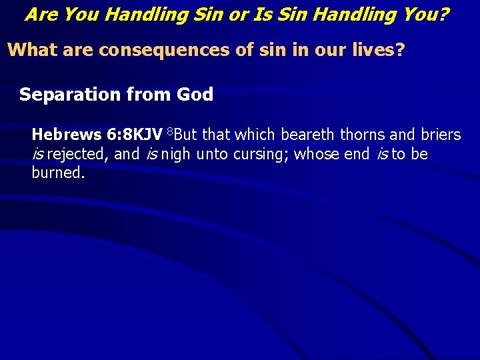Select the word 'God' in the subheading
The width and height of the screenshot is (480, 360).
195,95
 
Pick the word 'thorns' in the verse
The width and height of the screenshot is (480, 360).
363,135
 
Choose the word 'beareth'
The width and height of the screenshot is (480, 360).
309,135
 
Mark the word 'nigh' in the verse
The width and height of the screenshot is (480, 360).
175,155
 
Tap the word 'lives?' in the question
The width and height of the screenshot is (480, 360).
378,51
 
